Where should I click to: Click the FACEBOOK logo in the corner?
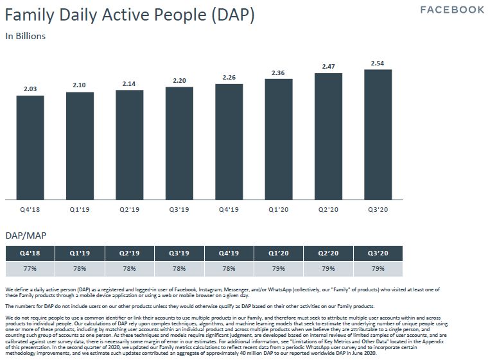coord(452,10)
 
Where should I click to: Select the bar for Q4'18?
coord(30,148)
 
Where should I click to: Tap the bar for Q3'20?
coord(378,135)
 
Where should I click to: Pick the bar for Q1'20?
coord(279,139)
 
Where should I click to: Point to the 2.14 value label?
coord(130,84)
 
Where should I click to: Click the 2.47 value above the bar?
coord(328,67)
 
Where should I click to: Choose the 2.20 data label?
coord(179,81)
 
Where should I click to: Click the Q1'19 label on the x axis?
coord(80,210)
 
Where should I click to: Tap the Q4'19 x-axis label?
coord(229,210)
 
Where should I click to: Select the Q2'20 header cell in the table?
coord(328,253)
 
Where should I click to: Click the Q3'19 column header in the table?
coord(179,253)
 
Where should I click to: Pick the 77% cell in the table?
coord(30,269)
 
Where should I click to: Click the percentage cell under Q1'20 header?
coord(279,269)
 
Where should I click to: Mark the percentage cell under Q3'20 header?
coord(378,269)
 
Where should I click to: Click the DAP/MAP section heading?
coord(25,236)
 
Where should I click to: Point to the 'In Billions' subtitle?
coord(26,36)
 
